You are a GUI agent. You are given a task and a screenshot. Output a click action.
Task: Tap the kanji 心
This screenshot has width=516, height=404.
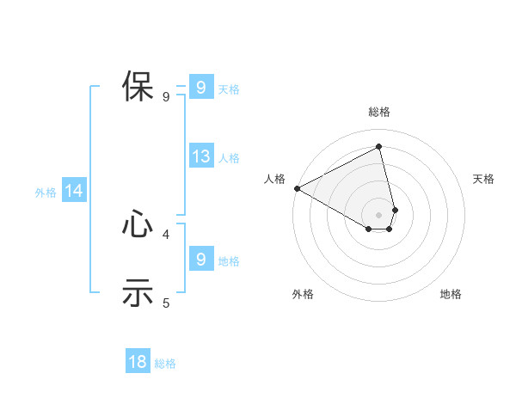tap(138, 224)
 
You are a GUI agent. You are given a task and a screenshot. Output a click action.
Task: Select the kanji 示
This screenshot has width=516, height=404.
tap(138, 292)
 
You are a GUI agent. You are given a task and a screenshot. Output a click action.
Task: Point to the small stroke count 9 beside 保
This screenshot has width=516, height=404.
tap(166, 97)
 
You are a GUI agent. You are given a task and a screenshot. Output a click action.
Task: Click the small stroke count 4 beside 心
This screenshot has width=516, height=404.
tap(166, 233)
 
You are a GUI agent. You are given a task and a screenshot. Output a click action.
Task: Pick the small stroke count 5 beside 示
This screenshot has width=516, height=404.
tap(166, 303)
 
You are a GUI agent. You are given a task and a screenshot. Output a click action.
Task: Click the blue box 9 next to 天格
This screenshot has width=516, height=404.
tap(200, 87)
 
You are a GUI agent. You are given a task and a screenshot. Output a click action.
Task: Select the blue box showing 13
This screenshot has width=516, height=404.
tap(200, 156)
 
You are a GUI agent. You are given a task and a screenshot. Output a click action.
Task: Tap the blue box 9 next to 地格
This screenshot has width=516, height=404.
tap(200, 259)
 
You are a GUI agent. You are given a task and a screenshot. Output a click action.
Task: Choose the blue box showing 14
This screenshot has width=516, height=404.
tap(74, 192)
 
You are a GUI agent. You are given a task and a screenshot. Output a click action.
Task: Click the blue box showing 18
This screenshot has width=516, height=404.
tap(138, 362)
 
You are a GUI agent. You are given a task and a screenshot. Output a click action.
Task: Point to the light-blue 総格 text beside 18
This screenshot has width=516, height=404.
tap(165, 364)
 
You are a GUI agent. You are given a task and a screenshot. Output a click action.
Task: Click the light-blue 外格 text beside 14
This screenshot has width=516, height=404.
tap(46, 193)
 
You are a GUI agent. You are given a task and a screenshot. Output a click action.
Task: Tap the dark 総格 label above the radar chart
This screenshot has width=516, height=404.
tap(379, 112)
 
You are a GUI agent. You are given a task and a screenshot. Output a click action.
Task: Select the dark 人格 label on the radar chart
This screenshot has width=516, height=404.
tap(274, 179)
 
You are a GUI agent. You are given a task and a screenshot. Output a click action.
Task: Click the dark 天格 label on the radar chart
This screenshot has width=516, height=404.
tap(484, 179)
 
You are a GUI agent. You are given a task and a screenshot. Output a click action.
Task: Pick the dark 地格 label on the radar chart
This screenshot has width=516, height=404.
tap(451, 294)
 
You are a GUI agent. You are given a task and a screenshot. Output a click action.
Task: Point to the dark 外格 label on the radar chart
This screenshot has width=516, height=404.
tap(303, 294)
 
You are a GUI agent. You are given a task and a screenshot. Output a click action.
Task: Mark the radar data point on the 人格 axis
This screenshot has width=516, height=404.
tap(297, 188)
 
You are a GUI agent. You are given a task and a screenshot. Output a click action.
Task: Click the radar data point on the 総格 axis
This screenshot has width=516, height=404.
tap(379, 147)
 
